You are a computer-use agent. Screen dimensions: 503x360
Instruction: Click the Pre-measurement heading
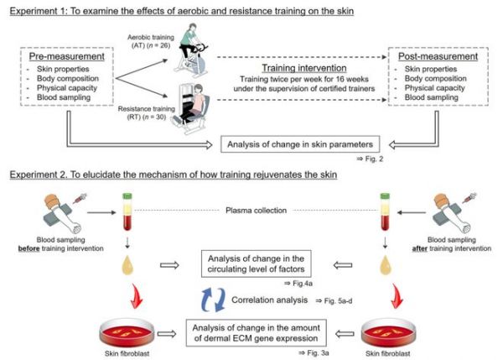coord(67,56)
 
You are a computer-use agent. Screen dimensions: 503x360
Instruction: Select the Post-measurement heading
coord(438,56)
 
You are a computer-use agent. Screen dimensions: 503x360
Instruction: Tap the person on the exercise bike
coord(191,50)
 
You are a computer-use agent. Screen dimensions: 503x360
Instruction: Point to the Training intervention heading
coord(304,68)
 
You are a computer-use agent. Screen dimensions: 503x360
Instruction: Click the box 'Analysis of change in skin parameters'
coord(300,144)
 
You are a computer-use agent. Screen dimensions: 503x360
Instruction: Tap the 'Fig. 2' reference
coord(370,159)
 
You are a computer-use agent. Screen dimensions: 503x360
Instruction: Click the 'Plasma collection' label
coord(256,211)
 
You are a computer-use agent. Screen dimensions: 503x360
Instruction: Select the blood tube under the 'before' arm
coord(127,211)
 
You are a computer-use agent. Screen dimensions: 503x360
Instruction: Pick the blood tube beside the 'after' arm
coord(385,211)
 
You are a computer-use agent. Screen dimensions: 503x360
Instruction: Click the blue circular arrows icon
coord(213,300)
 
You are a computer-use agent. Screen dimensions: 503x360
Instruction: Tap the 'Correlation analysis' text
coord(269,300)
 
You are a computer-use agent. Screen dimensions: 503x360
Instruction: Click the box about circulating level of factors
coord(256,263)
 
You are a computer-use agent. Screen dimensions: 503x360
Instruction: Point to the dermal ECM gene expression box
coord(256,332)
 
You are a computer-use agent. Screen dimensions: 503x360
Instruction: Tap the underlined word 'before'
coord(29,248)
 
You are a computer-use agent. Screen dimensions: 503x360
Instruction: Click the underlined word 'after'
coord(420,248)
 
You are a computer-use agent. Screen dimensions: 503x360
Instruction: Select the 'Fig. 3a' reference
coord(314,353)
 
